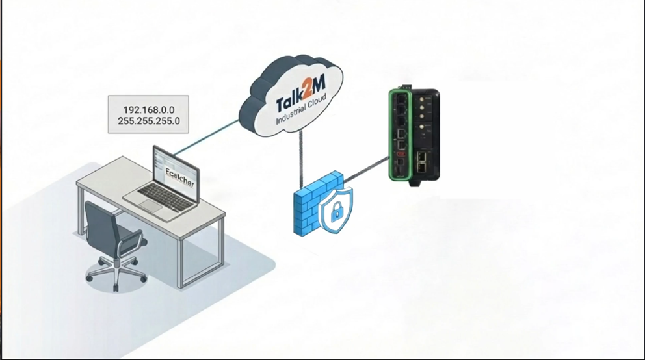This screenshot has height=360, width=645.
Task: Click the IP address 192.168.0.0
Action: click(148, 110)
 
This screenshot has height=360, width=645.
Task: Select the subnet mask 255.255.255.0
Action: click(148, 121)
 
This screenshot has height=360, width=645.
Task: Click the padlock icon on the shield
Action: click(337, 209)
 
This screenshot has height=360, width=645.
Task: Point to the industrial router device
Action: click(415, 137)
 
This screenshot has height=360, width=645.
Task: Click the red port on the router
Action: click(401, 155)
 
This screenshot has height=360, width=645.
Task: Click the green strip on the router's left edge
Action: click(391, 137)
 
